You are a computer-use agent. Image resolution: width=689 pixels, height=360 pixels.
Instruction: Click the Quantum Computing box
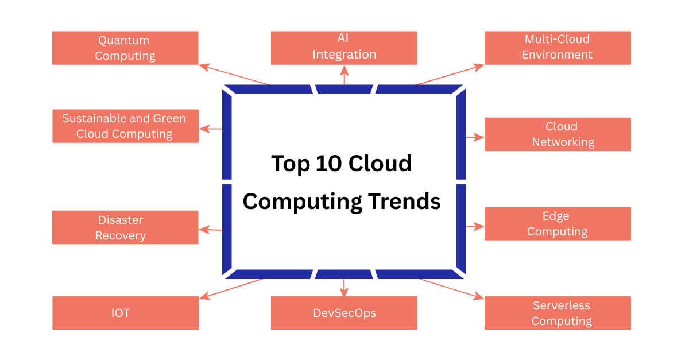125,48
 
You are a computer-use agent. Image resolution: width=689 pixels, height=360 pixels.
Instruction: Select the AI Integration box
344,48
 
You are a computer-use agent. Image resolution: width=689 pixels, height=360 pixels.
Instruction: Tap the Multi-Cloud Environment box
558,48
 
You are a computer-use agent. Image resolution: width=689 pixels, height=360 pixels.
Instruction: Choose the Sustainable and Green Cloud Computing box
125,126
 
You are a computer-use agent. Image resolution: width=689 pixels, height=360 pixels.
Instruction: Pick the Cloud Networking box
558,134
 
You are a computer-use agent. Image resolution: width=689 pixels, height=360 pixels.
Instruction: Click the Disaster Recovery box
125,227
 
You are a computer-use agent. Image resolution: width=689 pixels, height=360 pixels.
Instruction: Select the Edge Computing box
558,224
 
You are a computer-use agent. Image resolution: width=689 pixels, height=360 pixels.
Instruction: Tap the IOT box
125,313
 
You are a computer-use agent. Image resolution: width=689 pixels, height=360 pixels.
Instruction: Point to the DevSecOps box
344,313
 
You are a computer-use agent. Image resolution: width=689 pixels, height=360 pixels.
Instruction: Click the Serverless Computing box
558,313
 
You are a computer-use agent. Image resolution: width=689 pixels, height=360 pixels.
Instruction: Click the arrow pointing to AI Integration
344,75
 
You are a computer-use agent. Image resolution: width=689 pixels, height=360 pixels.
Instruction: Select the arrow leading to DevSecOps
344,288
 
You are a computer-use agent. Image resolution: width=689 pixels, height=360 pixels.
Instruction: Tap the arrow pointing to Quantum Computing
234,74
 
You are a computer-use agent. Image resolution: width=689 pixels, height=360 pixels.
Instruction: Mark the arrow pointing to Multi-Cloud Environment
450,74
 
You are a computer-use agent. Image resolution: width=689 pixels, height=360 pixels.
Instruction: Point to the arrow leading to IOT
231,289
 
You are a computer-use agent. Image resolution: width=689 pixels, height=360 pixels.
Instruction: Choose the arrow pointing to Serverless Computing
451,289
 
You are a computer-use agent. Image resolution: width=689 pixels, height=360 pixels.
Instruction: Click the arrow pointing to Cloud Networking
475,137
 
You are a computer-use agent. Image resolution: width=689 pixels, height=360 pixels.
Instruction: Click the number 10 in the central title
328,163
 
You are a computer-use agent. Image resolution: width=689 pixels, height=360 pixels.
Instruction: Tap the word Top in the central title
291,164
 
